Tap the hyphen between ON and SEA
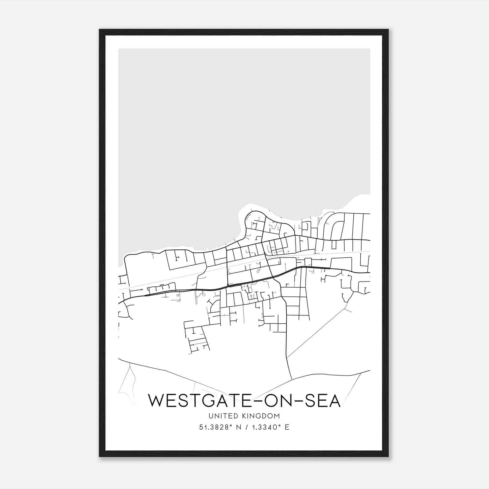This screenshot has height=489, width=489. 295,401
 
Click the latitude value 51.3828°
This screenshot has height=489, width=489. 214,427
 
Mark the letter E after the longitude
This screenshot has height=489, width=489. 287,427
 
